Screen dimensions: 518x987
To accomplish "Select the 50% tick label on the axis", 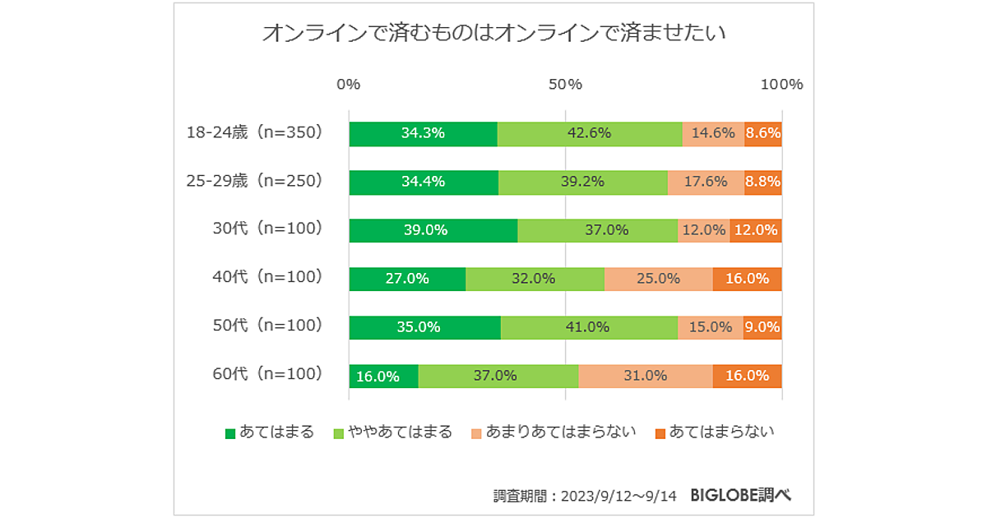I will coord(565,85).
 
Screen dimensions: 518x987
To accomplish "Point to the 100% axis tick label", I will coord(781,85).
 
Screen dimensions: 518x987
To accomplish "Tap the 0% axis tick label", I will coord(349,85).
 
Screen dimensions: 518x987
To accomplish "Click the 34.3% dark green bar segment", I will coord(423,133).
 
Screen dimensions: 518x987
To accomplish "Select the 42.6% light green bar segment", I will coord(590,133).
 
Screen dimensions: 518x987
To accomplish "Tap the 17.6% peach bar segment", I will coord(706,182).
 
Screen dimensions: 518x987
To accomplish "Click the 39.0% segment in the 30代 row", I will coord(433,230).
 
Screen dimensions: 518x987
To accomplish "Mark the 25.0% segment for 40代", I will coord(659,279).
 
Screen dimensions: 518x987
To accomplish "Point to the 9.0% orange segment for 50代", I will coord(762,327).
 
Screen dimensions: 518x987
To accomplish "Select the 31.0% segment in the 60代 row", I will coord(645,376).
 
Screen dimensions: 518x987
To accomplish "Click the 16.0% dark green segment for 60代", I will coord(383,376).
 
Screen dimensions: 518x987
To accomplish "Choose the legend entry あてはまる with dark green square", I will coord(270,432).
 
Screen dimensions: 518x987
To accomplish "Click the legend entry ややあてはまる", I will coord(392,432).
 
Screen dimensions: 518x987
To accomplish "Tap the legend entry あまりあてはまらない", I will coord(554,432).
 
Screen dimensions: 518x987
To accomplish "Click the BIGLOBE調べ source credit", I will coord(741,495).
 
